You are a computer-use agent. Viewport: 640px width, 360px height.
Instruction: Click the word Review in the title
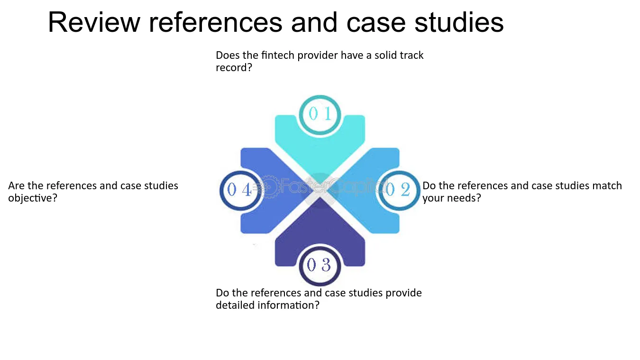(x=94, y=22)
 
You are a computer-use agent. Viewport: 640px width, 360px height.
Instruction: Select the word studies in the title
(x=459, y=22)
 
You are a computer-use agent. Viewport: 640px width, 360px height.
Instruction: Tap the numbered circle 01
(x=320, y=115)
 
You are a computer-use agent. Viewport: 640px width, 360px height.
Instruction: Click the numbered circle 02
(x=399, y=191)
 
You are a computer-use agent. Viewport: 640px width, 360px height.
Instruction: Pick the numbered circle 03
(x=320, y=266)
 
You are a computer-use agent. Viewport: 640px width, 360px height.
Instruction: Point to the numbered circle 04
(x=240, y=191)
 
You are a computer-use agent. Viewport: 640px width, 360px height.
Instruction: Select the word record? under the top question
(x=234, y=68)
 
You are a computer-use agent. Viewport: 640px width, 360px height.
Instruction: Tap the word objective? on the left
(x=33, y=198)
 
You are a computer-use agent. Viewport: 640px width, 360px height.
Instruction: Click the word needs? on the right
(x=465, y=198)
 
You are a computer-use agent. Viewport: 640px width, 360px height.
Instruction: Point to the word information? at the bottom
(x=288, y=305)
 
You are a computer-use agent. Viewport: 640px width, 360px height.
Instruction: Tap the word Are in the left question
(x=17, y=186)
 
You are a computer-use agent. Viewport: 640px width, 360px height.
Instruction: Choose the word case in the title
(x=376, y=22)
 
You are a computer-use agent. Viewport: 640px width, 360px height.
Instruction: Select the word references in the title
(x=215, y=22)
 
